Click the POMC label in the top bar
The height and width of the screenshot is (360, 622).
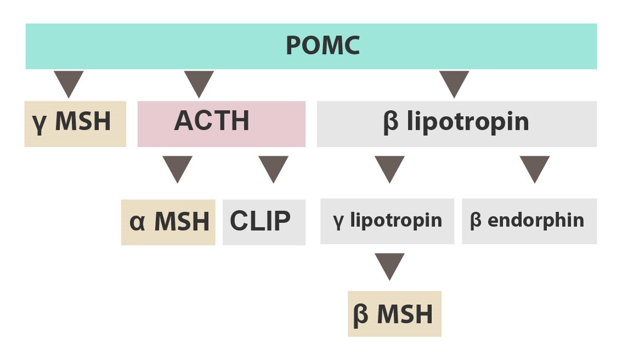tap(323, 45)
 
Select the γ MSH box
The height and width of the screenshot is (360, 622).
tap(75, 124)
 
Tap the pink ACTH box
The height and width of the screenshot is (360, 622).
tap(222, 124)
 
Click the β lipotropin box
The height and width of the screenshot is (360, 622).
tap(456, 124)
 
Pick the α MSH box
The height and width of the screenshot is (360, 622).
tap(168, 222)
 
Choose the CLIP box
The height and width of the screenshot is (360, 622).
tap(264, 222)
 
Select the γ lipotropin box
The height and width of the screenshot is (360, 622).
tap(387, 221)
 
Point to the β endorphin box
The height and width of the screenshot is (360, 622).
tap(529, 221)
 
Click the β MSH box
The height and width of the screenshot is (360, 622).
tap(395, 313)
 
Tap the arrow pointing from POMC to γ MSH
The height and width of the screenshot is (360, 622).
tap(69, 82)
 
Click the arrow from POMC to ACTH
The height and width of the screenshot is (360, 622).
tap(199, 82)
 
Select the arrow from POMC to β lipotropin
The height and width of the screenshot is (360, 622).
tap(454, 82)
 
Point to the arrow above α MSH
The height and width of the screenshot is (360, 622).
tap(177, 167)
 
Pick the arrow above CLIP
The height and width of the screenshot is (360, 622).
tap(273, 167)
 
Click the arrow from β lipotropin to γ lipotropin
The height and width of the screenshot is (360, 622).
tap(389, 167)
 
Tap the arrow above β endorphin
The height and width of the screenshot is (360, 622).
tap(535, 167)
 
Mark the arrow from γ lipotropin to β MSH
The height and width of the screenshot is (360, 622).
tap(389, 265)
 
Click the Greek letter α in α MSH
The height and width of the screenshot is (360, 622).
tap(137, 223)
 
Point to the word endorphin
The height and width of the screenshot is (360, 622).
tap(535, 220)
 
